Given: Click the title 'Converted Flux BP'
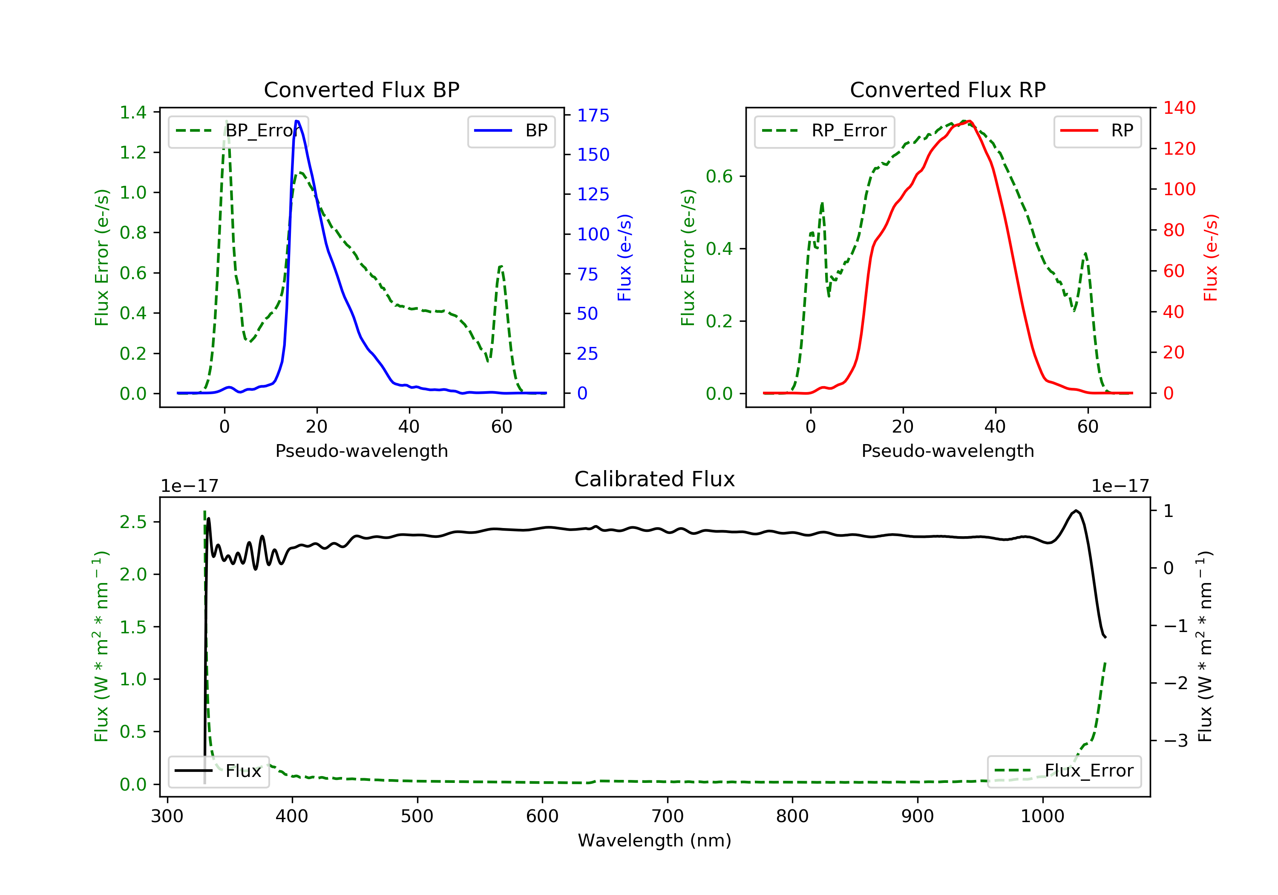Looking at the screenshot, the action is coord(361,89).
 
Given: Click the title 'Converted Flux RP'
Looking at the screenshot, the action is coord(947,89).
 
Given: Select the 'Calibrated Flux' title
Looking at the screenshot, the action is coord(655,479).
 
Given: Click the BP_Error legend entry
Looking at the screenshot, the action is coord(238,130).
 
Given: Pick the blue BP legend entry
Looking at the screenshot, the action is coord(511,130).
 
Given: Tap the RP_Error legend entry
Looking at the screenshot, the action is coord(824,130).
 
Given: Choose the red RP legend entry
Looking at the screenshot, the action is coord(1097,130).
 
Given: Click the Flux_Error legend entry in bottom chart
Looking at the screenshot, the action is coord(1064,771).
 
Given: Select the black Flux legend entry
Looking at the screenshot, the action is coord(218,771).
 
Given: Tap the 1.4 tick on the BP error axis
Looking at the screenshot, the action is coord(133,113).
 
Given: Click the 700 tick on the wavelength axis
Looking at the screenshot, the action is coord(668,816).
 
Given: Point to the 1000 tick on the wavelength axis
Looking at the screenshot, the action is coord(1042,816).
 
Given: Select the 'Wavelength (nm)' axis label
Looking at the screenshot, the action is coord(655,840).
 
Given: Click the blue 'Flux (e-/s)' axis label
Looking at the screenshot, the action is coord(625,257).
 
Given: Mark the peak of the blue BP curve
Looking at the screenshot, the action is coord(297,121).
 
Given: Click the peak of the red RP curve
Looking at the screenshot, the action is coord(969,121).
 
